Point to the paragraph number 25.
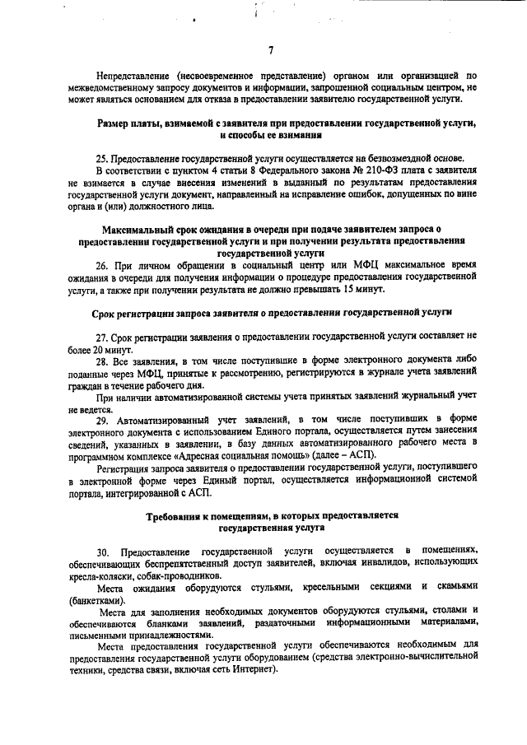102,158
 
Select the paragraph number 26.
102,265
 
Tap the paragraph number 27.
102,338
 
